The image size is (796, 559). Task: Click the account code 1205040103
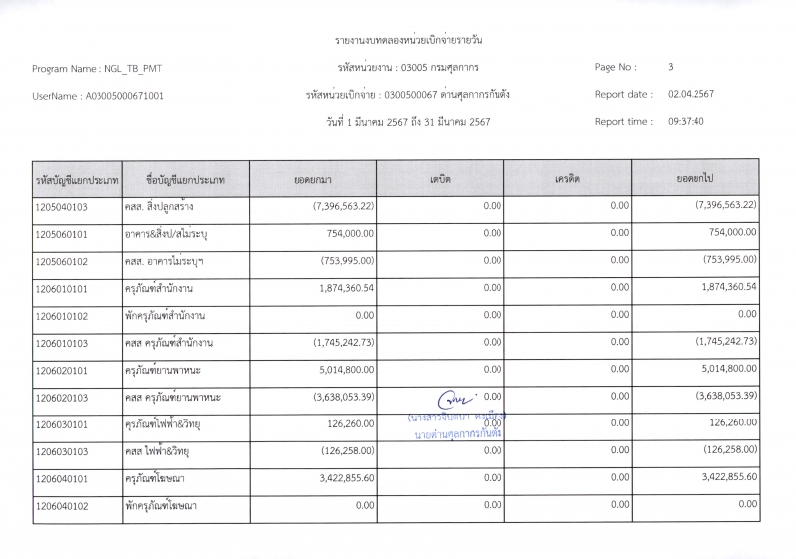[x=62, y=207]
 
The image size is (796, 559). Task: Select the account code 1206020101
[x=62, y=371]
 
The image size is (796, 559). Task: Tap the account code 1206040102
[x=62, y=506]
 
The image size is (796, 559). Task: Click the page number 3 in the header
[x=671, y=67]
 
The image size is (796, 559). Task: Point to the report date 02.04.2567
[x=691, y=94]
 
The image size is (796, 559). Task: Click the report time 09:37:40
[x=686, y=121]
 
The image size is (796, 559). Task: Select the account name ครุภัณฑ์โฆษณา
[x=164, y=479]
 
